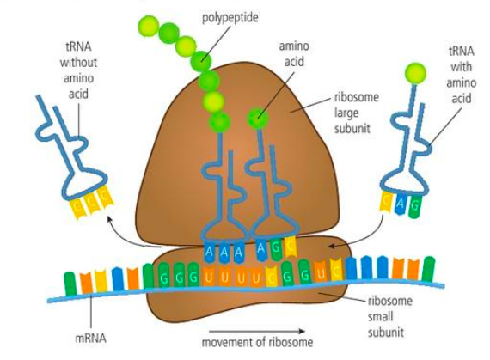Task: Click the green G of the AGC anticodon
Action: (x=275, y=250)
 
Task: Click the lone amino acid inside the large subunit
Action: (x=257, y=118)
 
